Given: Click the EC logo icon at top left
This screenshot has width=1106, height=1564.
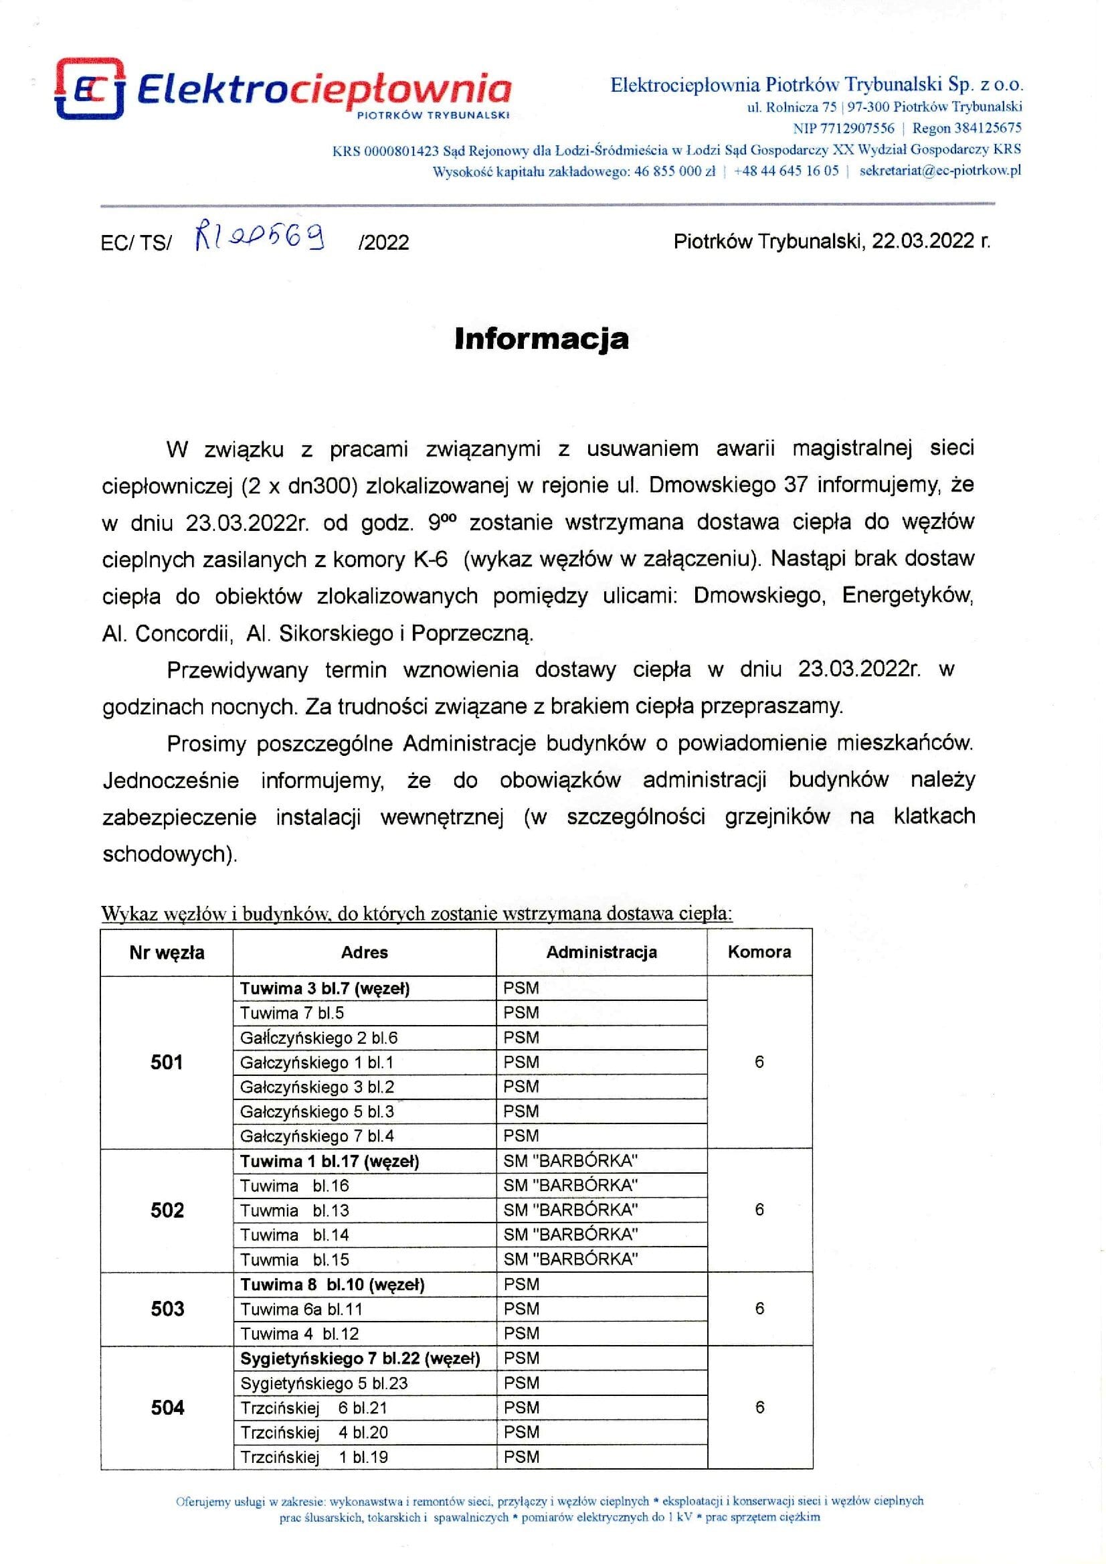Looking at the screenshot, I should pyautogui.click(x=89, y=89).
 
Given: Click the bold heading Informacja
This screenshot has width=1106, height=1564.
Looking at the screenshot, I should pyautogui.click(x=541, y=339).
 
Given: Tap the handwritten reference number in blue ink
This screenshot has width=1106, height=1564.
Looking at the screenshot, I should pyautogui.click(x=260, y=238).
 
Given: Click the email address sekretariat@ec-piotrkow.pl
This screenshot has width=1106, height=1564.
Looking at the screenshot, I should pyautogui.click(x=940, y=171).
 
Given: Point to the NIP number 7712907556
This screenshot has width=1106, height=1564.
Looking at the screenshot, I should pyautogui.click(x=857, y=128).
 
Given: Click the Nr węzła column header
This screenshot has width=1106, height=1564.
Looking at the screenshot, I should pyautogui.click(x=167, y=953).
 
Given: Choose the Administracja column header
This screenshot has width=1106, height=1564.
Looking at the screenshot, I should pyautogui.click(x=602, y=952).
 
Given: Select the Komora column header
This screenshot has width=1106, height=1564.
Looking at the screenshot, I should pyautogui.click(x=759, y=952).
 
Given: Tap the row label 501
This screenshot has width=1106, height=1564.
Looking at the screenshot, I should pyautogui.click(x=167, y=1063).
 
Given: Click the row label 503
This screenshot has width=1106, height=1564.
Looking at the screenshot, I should pyautogui.click(x=167, y=1309).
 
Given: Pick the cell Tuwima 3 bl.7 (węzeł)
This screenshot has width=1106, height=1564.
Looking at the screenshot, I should pyautogui.click(x=325, y=989).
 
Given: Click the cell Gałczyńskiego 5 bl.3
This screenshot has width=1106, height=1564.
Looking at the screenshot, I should pyautogui.click(x=316, y=1112).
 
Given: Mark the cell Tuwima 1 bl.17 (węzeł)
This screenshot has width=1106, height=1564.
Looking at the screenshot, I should pyautogui.click(x=330, y=1161).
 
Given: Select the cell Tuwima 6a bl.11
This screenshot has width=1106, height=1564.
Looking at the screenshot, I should pyautogui.click(x=301, y=1309).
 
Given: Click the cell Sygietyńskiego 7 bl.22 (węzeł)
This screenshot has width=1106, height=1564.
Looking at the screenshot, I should pyautogui.click(x=360, y=1358).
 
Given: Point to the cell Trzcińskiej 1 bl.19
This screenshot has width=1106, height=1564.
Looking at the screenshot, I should pyautogui.click(x=314, y=1457).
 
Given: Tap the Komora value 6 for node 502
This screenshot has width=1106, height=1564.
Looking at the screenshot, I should pyautogui.click(x=759, y=1210).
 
